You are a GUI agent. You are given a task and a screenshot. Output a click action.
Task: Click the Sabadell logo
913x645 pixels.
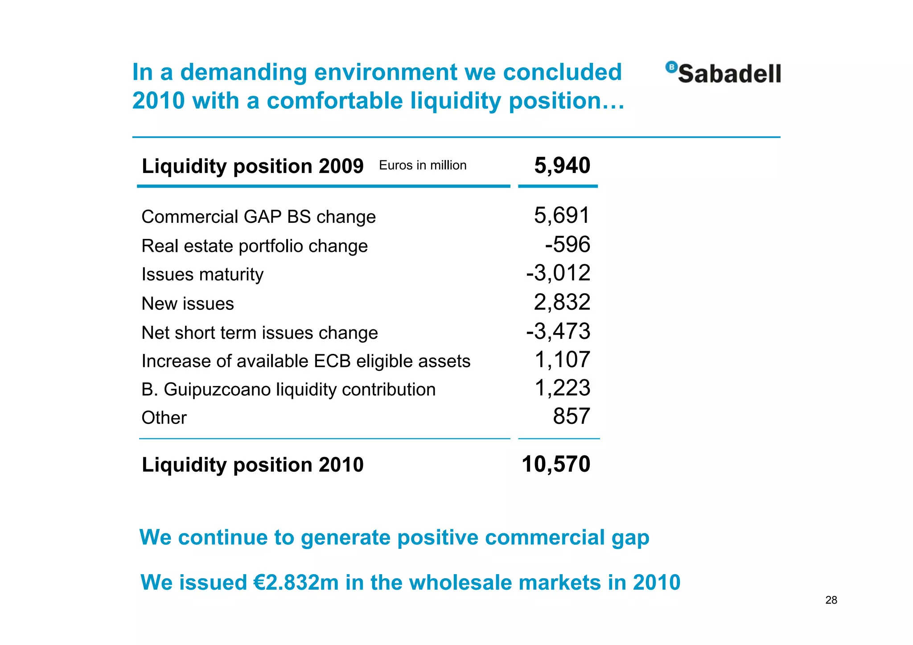click(723, 73)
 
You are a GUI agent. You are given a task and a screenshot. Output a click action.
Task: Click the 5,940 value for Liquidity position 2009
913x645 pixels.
click(562, 165)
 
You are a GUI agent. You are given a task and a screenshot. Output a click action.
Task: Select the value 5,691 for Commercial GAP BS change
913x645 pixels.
click(562, 215)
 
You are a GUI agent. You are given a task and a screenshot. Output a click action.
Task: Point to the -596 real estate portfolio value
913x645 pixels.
click(568, 244)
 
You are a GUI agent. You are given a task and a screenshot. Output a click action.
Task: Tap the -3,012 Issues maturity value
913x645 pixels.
click(558, 273)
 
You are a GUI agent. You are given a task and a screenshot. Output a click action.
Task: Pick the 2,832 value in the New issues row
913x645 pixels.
click(562, 302)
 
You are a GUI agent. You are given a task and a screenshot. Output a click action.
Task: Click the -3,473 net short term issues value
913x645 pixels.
click(558, 331)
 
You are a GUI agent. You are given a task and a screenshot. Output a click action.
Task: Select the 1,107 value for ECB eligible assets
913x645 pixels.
click(562, 360)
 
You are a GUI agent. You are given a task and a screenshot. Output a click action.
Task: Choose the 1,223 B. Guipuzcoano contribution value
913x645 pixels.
click(562, 388)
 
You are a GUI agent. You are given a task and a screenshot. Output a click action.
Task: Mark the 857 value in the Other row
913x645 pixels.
click(572, 416)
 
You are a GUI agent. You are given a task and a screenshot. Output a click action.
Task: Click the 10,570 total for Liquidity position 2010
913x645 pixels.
click(556, 464)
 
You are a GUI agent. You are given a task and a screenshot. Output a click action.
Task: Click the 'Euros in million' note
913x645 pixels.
click(423, 165)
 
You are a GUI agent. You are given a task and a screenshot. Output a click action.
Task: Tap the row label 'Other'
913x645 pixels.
click(164, 418)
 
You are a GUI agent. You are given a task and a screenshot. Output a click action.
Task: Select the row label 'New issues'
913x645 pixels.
click(188, 304)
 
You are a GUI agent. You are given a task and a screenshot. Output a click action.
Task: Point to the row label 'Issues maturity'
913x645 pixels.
click(202, 275)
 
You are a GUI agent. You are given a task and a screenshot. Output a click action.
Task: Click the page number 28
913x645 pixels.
click(831, 600)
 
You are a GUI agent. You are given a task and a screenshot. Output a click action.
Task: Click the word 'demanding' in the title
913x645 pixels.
click(243, 72)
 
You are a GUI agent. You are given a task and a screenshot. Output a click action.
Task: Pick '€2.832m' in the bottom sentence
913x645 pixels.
click(296, 582)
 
